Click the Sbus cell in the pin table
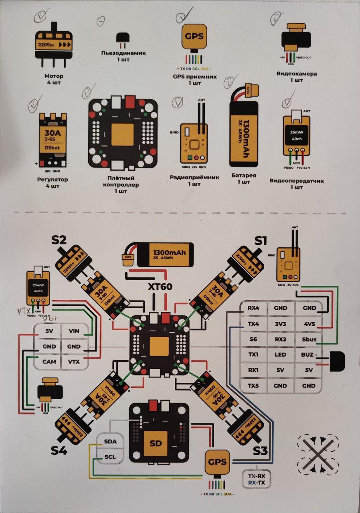pos(309,339)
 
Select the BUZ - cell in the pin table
pos(309,355)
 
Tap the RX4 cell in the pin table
pos(253,308)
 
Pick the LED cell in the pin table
pos(281,355)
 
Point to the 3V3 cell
pos(281,324)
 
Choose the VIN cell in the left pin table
pos(74,331)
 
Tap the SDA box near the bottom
pos(110,441)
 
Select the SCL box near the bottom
pos(110,457)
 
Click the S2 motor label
pos(59,240)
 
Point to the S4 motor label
pos(59,450)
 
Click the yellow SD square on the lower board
pos(155,444)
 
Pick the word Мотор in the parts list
pos(54,76)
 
